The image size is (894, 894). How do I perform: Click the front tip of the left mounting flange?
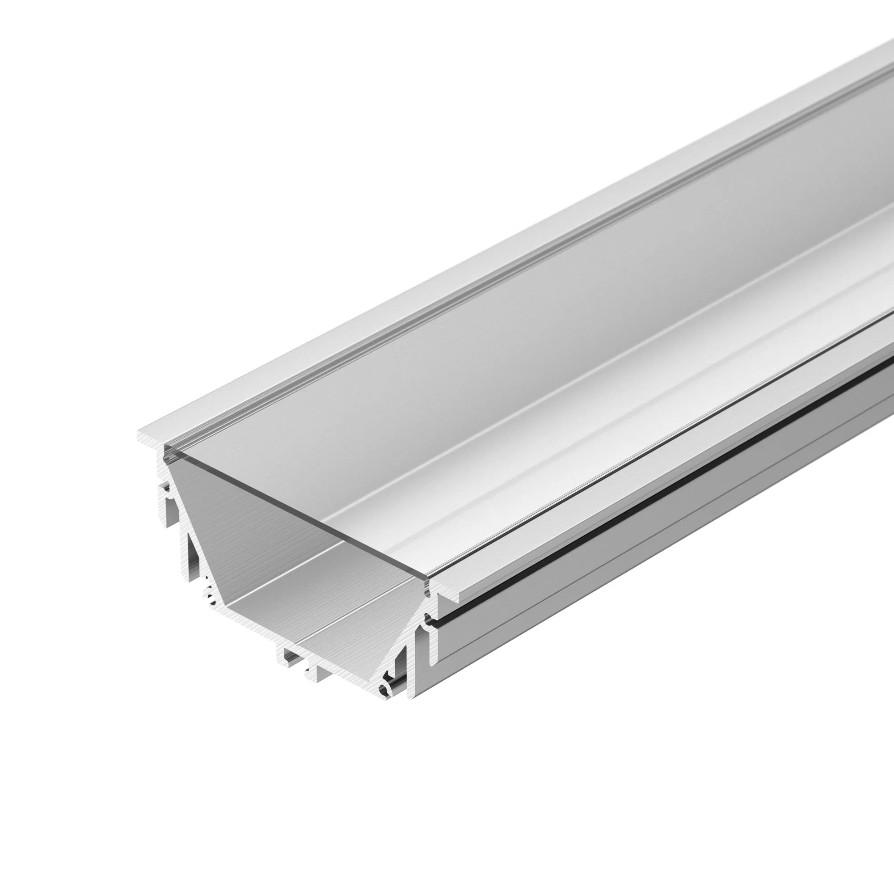140,437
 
